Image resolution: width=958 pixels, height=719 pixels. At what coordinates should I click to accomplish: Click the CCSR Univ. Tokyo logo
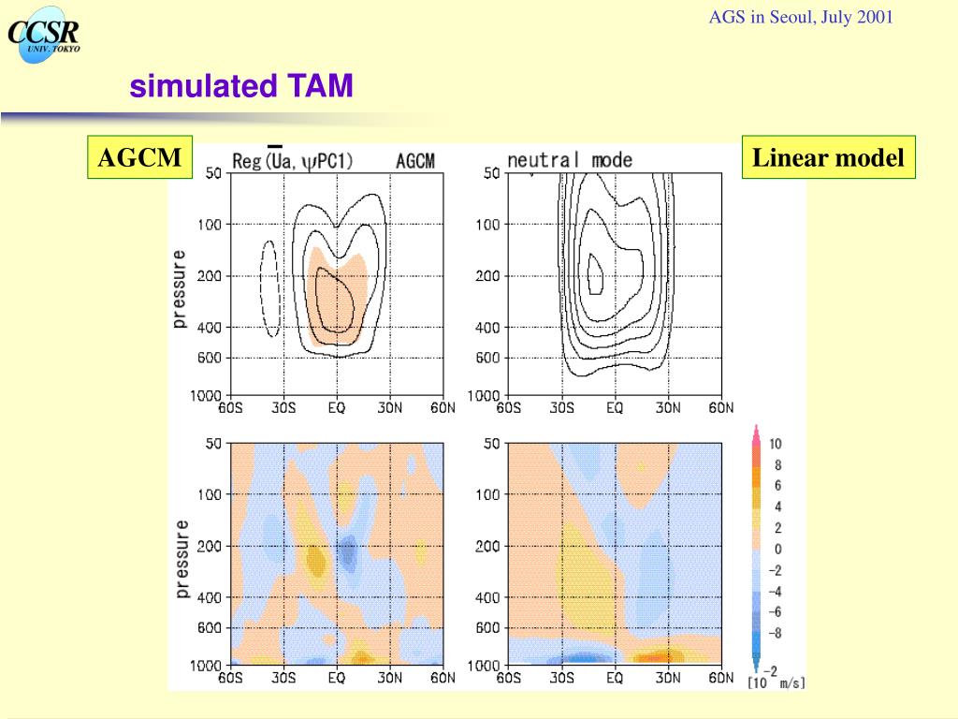43,37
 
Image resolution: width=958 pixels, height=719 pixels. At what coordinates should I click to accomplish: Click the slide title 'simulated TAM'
241,87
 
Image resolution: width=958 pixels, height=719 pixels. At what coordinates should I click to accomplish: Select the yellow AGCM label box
139,157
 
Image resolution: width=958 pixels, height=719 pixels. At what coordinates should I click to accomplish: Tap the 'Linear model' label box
828,157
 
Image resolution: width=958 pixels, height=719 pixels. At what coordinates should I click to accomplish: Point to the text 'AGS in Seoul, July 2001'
801,17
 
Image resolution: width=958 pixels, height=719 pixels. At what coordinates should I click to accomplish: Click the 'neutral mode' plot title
570,160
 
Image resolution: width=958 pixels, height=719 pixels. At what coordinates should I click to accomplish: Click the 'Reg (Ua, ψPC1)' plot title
293,161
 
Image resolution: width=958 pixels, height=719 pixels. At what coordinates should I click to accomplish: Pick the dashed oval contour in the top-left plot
269,288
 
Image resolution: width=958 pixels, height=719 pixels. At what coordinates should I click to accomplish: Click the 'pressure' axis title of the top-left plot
180,288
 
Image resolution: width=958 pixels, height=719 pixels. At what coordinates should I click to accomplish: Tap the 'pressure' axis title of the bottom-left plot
181,559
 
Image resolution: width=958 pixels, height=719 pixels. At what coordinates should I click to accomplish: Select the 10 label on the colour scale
776,444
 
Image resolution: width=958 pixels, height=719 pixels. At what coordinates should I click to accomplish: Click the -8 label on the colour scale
775,633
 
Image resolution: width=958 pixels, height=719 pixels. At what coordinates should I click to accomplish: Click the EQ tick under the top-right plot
614,407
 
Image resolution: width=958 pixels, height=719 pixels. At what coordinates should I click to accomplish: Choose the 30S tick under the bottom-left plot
283,678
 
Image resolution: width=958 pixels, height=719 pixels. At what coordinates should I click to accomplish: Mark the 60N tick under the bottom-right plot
720,678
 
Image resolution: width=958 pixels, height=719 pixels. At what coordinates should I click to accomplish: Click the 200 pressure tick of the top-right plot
487,276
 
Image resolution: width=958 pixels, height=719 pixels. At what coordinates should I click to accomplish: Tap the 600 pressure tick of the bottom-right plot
487,628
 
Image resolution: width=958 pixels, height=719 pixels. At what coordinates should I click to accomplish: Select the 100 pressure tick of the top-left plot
209,225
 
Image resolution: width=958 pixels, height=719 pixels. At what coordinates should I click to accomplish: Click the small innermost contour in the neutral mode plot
595,274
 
